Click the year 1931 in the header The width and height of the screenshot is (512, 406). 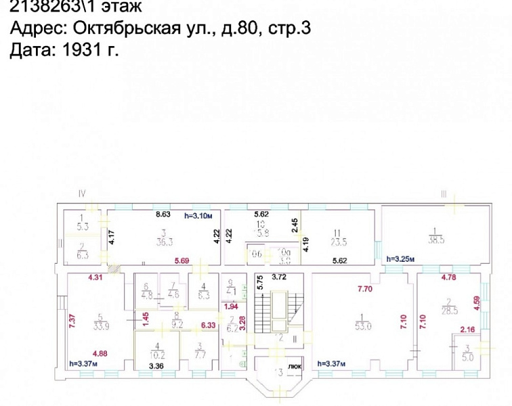click(x=80, y=50)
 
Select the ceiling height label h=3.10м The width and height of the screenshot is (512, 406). click(x=198, y=215)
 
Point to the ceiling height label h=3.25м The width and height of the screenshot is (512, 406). click(x=399, y=258)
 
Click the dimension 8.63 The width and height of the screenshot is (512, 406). click(x=163, y=214)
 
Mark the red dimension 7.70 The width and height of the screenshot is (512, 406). click(x=366, y=289)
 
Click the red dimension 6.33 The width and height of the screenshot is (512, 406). click(x=207, y=325)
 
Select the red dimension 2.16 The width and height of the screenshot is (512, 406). click(x=468, y=330)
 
